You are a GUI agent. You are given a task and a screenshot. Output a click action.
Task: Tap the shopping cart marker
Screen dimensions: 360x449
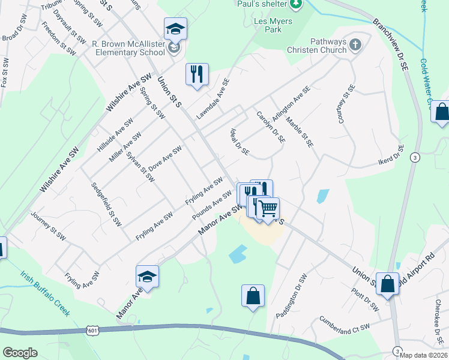(268, 208)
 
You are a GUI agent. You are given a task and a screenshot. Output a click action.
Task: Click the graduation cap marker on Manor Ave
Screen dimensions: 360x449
(147, 277)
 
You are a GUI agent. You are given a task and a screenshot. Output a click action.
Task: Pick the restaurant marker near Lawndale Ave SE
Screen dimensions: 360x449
(197, 74)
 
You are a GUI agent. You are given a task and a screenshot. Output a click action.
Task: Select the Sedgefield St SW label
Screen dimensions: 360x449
(106, 205)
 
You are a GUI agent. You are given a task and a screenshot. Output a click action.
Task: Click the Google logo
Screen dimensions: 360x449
(20, 353)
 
